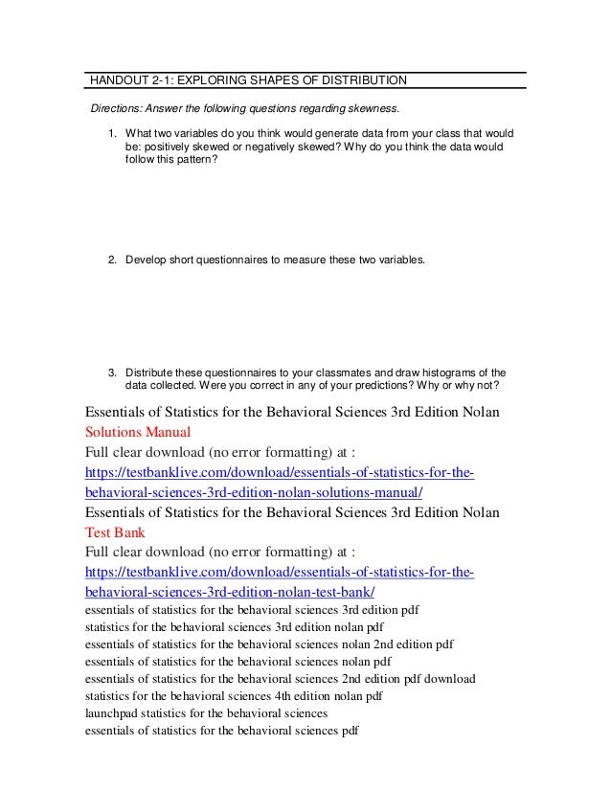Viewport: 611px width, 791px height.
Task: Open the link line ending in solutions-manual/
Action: (254, 492)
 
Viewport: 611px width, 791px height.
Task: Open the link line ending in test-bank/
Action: (230, 593)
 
